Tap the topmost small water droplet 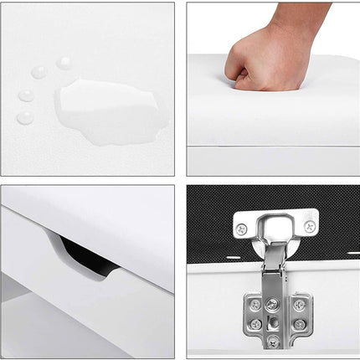point(64,63)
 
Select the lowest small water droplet point(26,117)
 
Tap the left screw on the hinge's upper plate point(242,228)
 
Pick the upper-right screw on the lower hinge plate point(299,305)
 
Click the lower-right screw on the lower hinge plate point(299,324)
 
